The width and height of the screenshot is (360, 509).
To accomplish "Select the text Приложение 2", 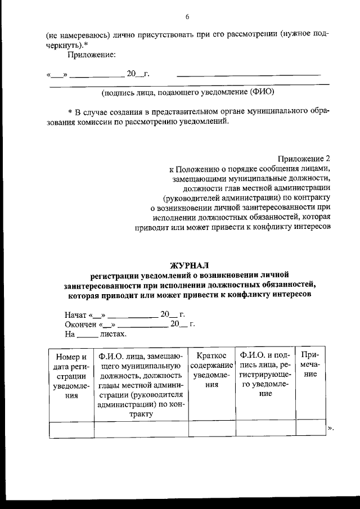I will point(304,158).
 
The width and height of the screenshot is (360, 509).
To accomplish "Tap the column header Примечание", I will point(310,365).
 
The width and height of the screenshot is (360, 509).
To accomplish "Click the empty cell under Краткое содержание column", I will point(211,429).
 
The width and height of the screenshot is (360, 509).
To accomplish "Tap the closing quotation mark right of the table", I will point(330,429).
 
